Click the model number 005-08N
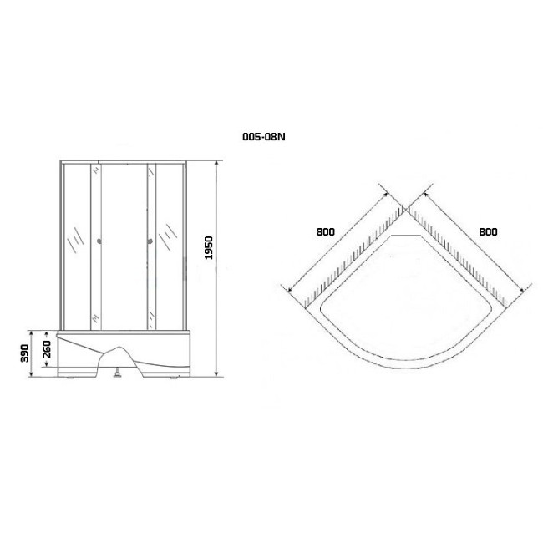(264, 137)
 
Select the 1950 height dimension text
(209, 248)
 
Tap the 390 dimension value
(24, 353)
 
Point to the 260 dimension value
(47, 349)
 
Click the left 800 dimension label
(326, 231)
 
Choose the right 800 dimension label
(489, 231)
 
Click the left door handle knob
(99, 241)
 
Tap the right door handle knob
(150, 241)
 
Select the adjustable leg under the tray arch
(118, 373)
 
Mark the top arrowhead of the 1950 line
(217, 164)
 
